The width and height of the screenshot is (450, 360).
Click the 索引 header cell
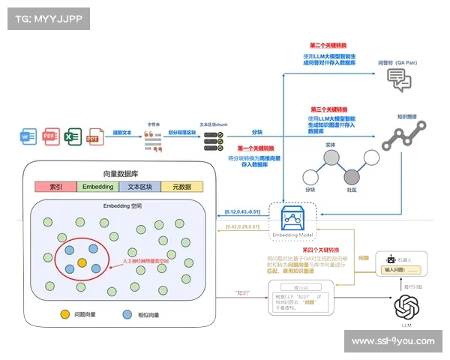pyautogui.click(x=55, y=186)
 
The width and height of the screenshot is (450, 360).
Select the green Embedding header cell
pyautogui.click(x=98, y=186)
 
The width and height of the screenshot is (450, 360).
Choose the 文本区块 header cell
pyautogui.click(x=140, y=186)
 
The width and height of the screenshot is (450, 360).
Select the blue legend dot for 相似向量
pyautogui.click(x=128, y=314)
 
